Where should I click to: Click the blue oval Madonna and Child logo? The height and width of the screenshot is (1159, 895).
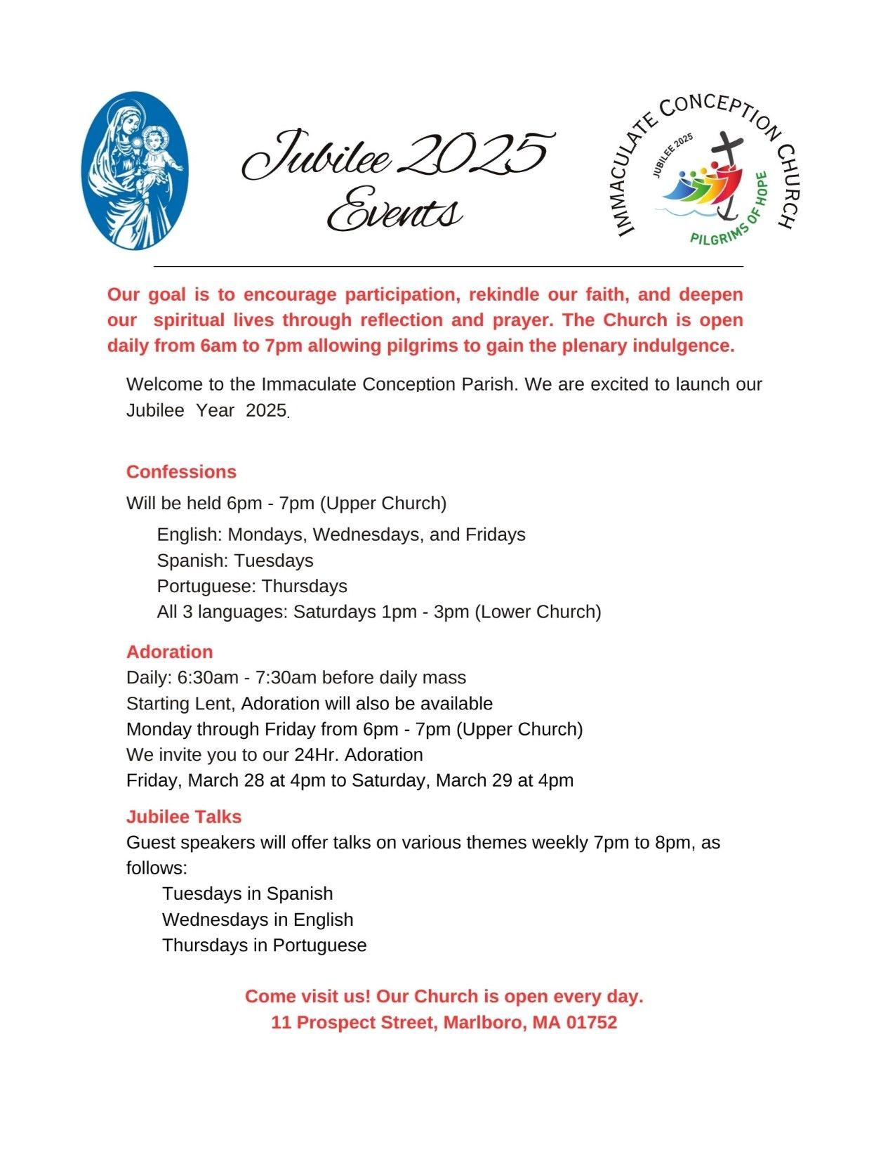tap(135, 170)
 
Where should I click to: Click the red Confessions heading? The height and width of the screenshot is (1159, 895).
tap(181, 471)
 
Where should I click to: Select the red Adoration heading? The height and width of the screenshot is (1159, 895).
tap(169, 652)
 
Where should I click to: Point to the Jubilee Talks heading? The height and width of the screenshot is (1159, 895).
tap(184, 817)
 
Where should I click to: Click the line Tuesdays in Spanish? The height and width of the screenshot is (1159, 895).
tap(247, 894)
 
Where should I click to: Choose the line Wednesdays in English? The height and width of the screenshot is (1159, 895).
tap(258, 920)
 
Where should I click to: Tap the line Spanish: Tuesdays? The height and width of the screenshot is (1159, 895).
tap(235, 561)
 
